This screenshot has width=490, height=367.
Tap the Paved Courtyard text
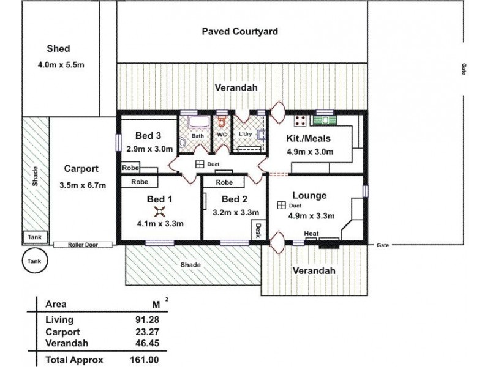pyautogui.click(x=240, y=31)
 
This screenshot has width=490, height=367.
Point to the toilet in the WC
pyautogui.click(x=222, y=122)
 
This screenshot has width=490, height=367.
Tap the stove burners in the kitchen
pyautogui.click(x=300, y=120)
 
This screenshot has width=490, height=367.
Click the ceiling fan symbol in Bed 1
pyautogui.click(x=160, y=212)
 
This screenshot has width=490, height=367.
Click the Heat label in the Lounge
pyautogui.click(x=311, y=233)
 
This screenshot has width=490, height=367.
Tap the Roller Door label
pyautogui.click(x=83, y=245)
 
